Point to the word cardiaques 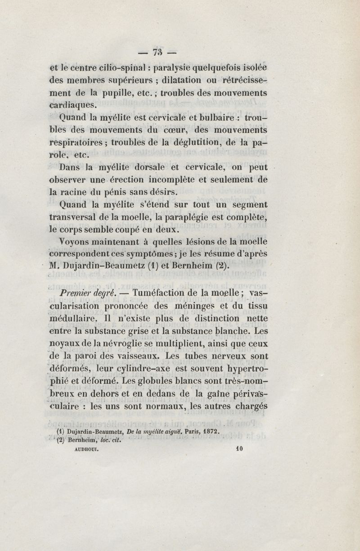click(x=74, y=106)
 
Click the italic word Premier click(x=77, y=293)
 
